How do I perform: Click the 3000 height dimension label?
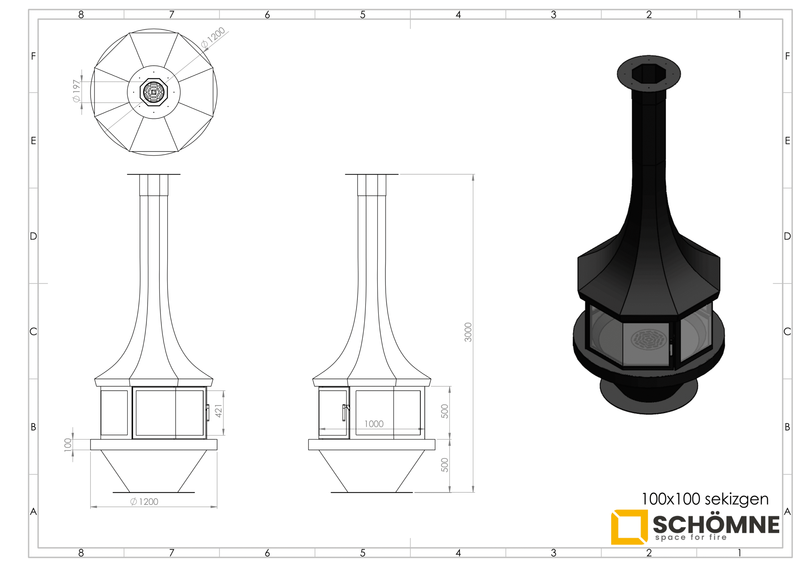468,332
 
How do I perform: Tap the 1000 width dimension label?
374,424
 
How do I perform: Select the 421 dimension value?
219,411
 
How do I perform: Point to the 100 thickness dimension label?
68,445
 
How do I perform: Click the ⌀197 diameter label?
76,91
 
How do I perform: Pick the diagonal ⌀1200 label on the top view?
213,37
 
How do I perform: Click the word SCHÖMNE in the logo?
716,524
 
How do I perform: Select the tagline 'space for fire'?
691,537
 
